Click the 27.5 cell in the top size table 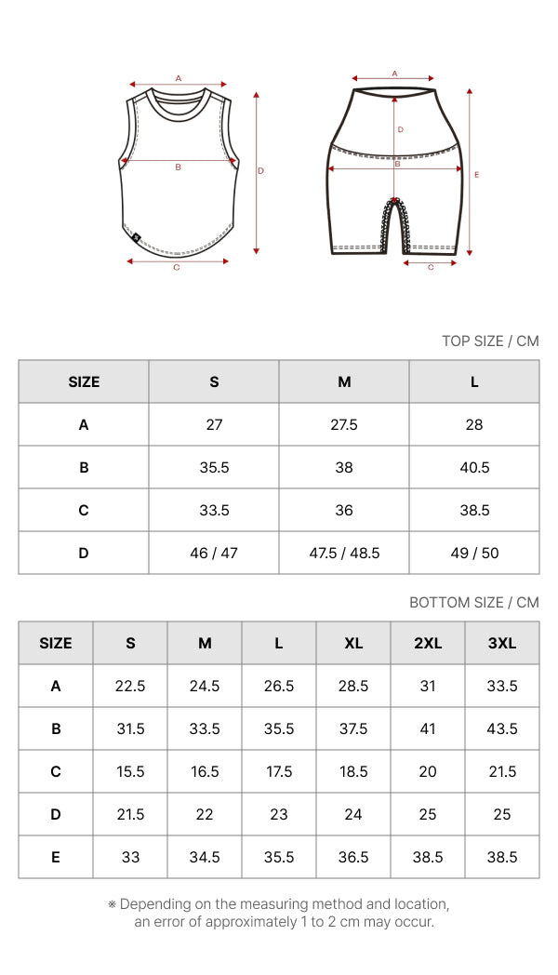pyautogui.click(x=343, y=424)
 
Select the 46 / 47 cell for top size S pyautogui.click(x=214, y=553)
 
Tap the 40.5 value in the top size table pyautogui.click(x=474, y=468)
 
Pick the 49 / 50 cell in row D pyautogui.click(x=474, y=553)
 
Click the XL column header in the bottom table pyautogui.click(x=353, y=643)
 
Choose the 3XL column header pyautogui.click(x=502, y=643)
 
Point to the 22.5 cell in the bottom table pyautogui.click(x=130, y=686)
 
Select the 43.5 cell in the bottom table pyautogui.click(x=502, y=728)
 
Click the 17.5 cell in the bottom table pyautogui.click(x=279, y=771)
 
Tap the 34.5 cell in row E pyautogui.click(x=205, y=858)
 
